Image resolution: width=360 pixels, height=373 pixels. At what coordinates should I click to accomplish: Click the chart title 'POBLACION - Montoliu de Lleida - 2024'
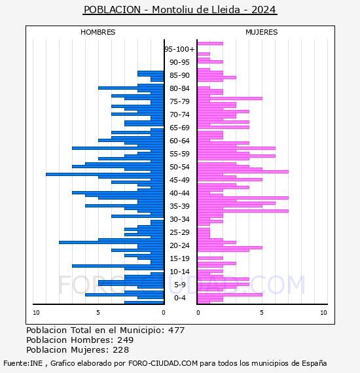180,10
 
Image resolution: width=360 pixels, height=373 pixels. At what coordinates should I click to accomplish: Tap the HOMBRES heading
98,32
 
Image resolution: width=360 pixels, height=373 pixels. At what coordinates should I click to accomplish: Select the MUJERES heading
262,32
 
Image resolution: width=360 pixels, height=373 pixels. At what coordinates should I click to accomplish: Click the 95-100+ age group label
179,49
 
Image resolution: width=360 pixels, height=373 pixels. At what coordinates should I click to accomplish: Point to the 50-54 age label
179,167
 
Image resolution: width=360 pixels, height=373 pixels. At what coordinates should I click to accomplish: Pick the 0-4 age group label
179,298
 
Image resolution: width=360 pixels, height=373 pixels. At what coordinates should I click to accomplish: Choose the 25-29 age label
179,232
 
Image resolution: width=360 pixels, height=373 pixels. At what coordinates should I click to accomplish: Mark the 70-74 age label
179,115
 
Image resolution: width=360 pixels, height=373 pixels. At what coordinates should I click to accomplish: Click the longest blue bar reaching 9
105,174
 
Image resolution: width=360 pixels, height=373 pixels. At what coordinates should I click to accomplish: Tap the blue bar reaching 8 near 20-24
111,242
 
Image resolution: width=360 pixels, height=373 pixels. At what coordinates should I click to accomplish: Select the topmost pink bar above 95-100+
210,44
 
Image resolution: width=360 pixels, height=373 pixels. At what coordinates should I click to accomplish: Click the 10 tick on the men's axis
36,313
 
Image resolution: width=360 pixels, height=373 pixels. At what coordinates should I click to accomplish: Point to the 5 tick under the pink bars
262,313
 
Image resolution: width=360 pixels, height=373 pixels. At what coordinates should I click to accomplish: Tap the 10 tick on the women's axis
323,313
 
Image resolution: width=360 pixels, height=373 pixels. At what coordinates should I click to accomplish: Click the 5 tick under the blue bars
98,313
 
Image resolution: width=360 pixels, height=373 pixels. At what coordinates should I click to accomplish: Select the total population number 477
176,330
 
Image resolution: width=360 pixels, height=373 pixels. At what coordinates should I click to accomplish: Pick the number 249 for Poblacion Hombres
126,340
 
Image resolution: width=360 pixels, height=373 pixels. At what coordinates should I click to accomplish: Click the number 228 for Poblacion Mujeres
120,350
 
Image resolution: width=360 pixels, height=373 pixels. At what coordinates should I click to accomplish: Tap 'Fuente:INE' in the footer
23,363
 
